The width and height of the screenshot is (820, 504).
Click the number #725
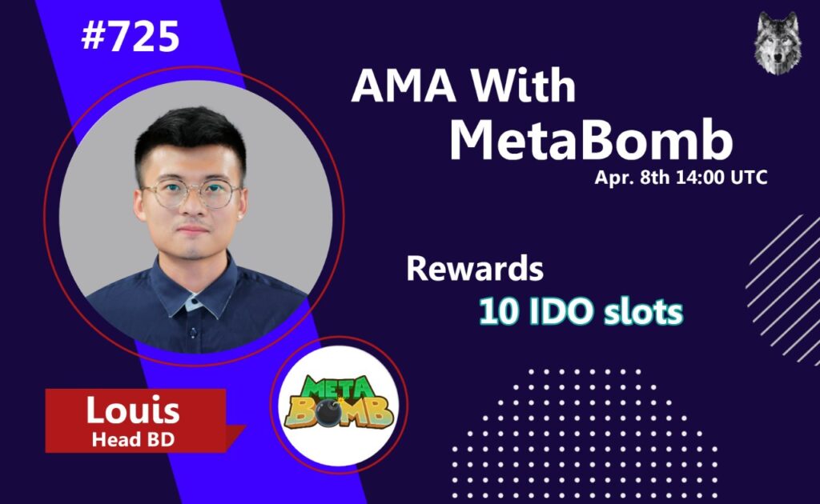click(131, 37)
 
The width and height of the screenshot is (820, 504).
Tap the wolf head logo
click(778, 43)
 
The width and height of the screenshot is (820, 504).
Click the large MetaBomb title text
click(591, 139)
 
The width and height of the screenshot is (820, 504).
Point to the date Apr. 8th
click(632, 178)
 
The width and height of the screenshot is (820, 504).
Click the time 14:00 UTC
click(722, 178)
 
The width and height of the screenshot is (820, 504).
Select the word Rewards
click(475, 269)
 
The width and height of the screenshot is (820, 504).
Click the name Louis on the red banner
click(133, 410)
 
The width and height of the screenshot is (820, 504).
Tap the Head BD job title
click(133, 440)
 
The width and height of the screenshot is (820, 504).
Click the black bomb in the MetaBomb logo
click(331, 413)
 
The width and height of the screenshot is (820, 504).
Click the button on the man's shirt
click(193, 332)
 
